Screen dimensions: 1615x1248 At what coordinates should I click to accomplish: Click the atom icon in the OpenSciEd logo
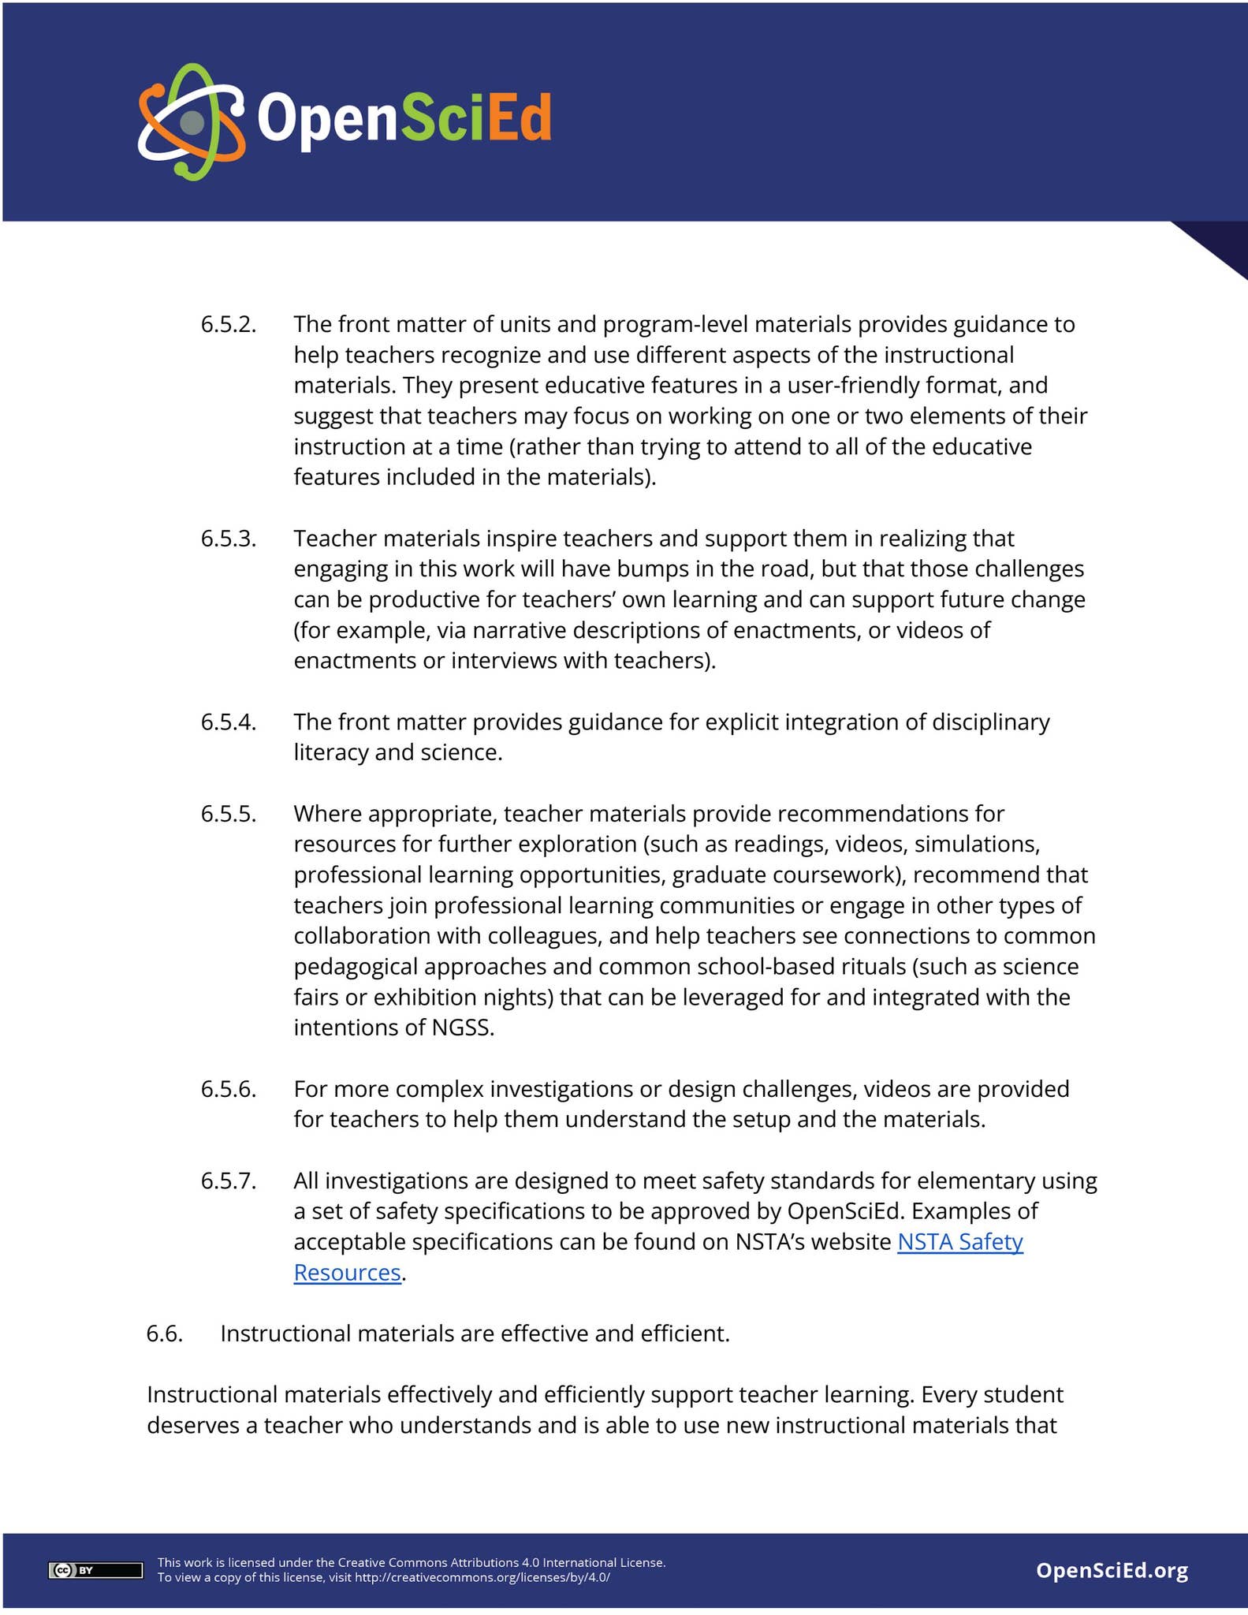point(192,121)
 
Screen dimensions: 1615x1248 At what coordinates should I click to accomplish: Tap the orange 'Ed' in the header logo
point(517,118)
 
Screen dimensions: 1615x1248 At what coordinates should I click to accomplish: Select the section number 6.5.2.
point(228,324)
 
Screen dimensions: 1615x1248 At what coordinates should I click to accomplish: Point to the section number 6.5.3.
point(228,539)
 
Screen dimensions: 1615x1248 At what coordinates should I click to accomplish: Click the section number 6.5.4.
point(228,722)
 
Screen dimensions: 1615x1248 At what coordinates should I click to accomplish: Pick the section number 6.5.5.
point(228,814)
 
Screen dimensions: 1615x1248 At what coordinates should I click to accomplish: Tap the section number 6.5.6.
point(228,1089)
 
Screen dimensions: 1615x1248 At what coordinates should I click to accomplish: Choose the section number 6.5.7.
point(228,1180)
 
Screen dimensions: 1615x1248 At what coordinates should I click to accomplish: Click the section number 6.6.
point(164,1333)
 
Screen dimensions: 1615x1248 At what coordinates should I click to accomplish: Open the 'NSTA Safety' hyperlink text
point(959,1242)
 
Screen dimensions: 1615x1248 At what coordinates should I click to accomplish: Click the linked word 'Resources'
point(347,1273)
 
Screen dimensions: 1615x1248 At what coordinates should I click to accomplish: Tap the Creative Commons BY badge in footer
point(95,1570)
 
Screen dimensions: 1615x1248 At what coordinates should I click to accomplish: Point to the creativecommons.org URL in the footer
point(482,1578)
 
